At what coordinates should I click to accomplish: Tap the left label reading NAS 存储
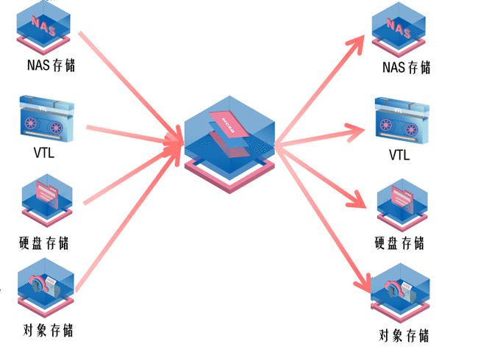click(x=49, y=66)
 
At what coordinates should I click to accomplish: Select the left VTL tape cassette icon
click(x=43, y=118)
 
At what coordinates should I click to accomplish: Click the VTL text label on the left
click(x=43, y=154)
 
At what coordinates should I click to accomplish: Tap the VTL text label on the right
click(x=399, y=156)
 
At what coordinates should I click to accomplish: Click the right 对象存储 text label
click(x=404, y=336)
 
